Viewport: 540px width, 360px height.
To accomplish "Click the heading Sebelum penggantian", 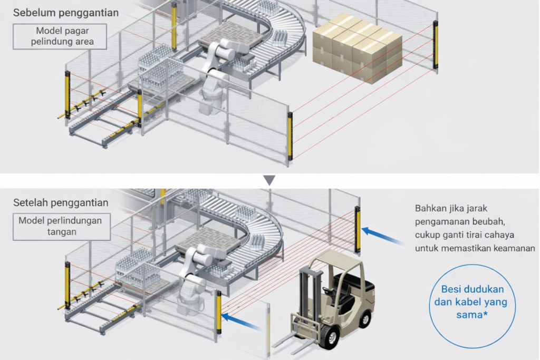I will pos(66,12).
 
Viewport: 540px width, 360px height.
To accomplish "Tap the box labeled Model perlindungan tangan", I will pos(60,226).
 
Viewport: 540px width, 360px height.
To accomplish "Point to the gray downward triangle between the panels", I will pos(269,180).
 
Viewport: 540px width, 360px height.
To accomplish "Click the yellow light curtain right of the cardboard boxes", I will pos(436,45).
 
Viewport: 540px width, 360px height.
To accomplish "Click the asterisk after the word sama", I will pos(484,314).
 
